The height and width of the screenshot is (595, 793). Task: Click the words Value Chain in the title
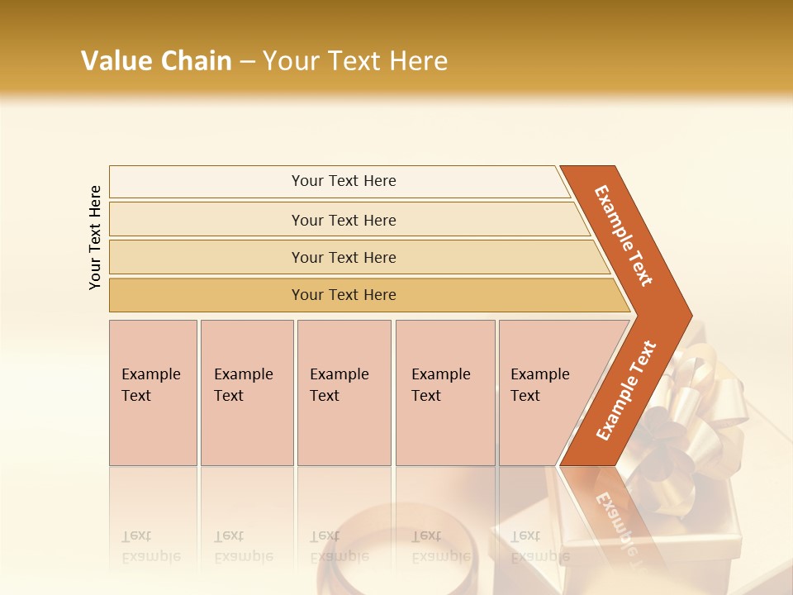pyautogui.click(x=156, y=60)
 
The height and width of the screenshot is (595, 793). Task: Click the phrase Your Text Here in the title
pyautogui.click(x=355, y=60)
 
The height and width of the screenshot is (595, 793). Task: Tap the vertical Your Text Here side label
pyautogui.click(x=95, y=237)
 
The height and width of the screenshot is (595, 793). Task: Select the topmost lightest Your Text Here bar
pyautogui.click(x=343, y=181)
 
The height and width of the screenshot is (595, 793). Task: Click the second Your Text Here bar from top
pyautogui.click(x=343, y=220)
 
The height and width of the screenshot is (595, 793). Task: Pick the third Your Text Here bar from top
pyautogui.click(x=343, y=257)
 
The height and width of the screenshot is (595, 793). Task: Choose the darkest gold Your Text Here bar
pyautogui.click(x=343, y=295)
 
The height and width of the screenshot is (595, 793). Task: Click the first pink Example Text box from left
pyautogui.click(x=153, y=393)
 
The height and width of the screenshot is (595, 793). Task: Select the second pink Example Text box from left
pyautogui.click(x=246, y=393)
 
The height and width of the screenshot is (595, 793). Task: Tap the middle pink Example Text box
pyautogui.click(x=344, y=393)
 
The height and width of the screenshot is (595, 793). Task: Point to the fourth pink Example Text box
pyautogui.click(x=444, y=393)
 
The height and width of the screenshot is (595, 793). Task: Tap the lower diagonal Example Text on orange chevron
pyautogui.click(x=626, y=390)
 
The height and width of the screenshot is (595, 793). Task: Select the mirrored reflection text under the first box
pyautogui.click(x=151, y=547)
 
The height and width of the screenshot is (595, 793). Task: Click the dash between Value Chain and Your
pyautogui.click(x=247, y=61)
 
